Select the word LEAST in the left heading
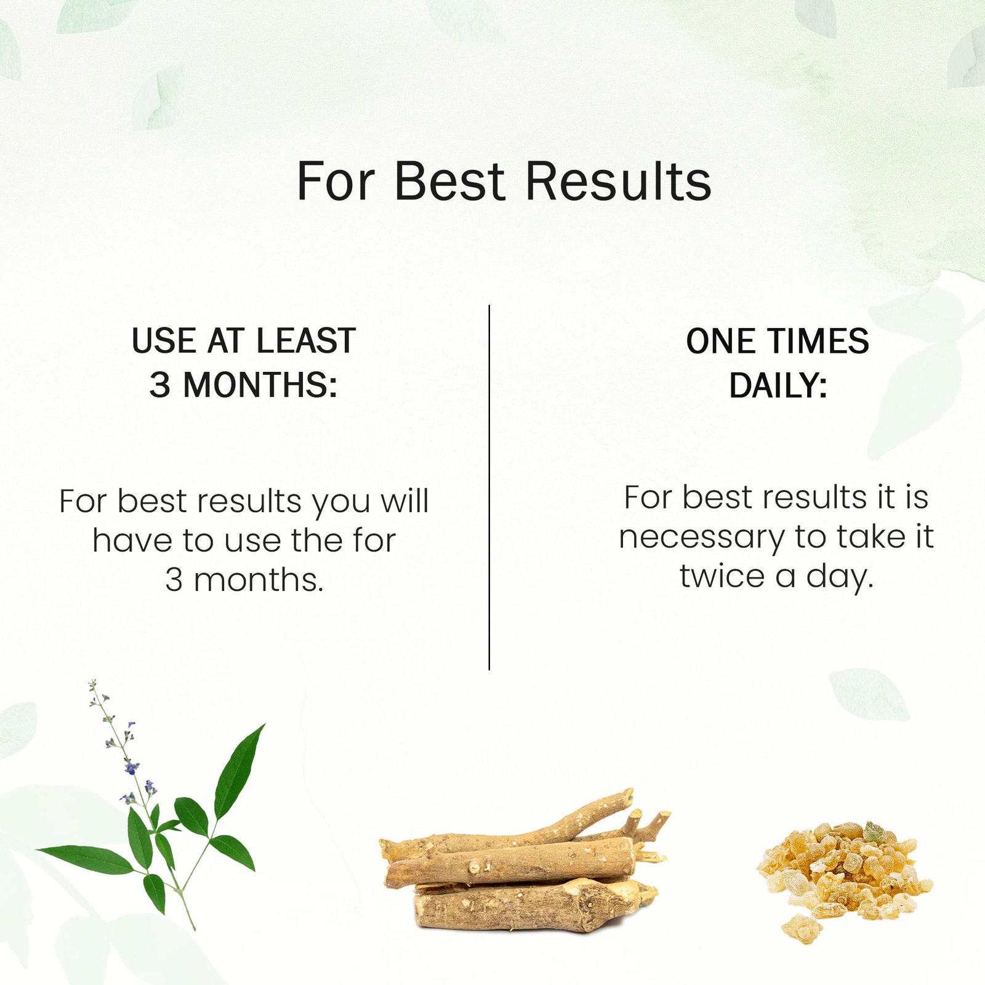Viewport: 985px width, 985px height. (x=306, y=340)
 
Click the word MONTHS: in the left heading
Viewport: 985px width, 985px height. (x=260, y=385)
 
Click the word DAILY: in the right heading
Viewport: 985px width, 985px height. (x=778, y=386)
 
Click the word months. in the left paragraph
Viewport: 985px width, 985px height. (x=259, y=580)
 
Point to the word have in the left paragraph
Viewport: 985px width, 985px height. (x=132, y=541)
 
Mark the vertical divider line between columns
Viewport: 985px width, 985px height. (x=489, y=487)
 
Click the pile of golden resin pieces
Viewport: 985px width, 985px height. (x=845, y=877)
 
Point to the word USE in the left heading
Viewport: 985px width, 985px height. (x=163, y=340)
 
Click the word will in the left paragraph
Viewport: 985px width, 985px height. (x=404, y=501)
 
